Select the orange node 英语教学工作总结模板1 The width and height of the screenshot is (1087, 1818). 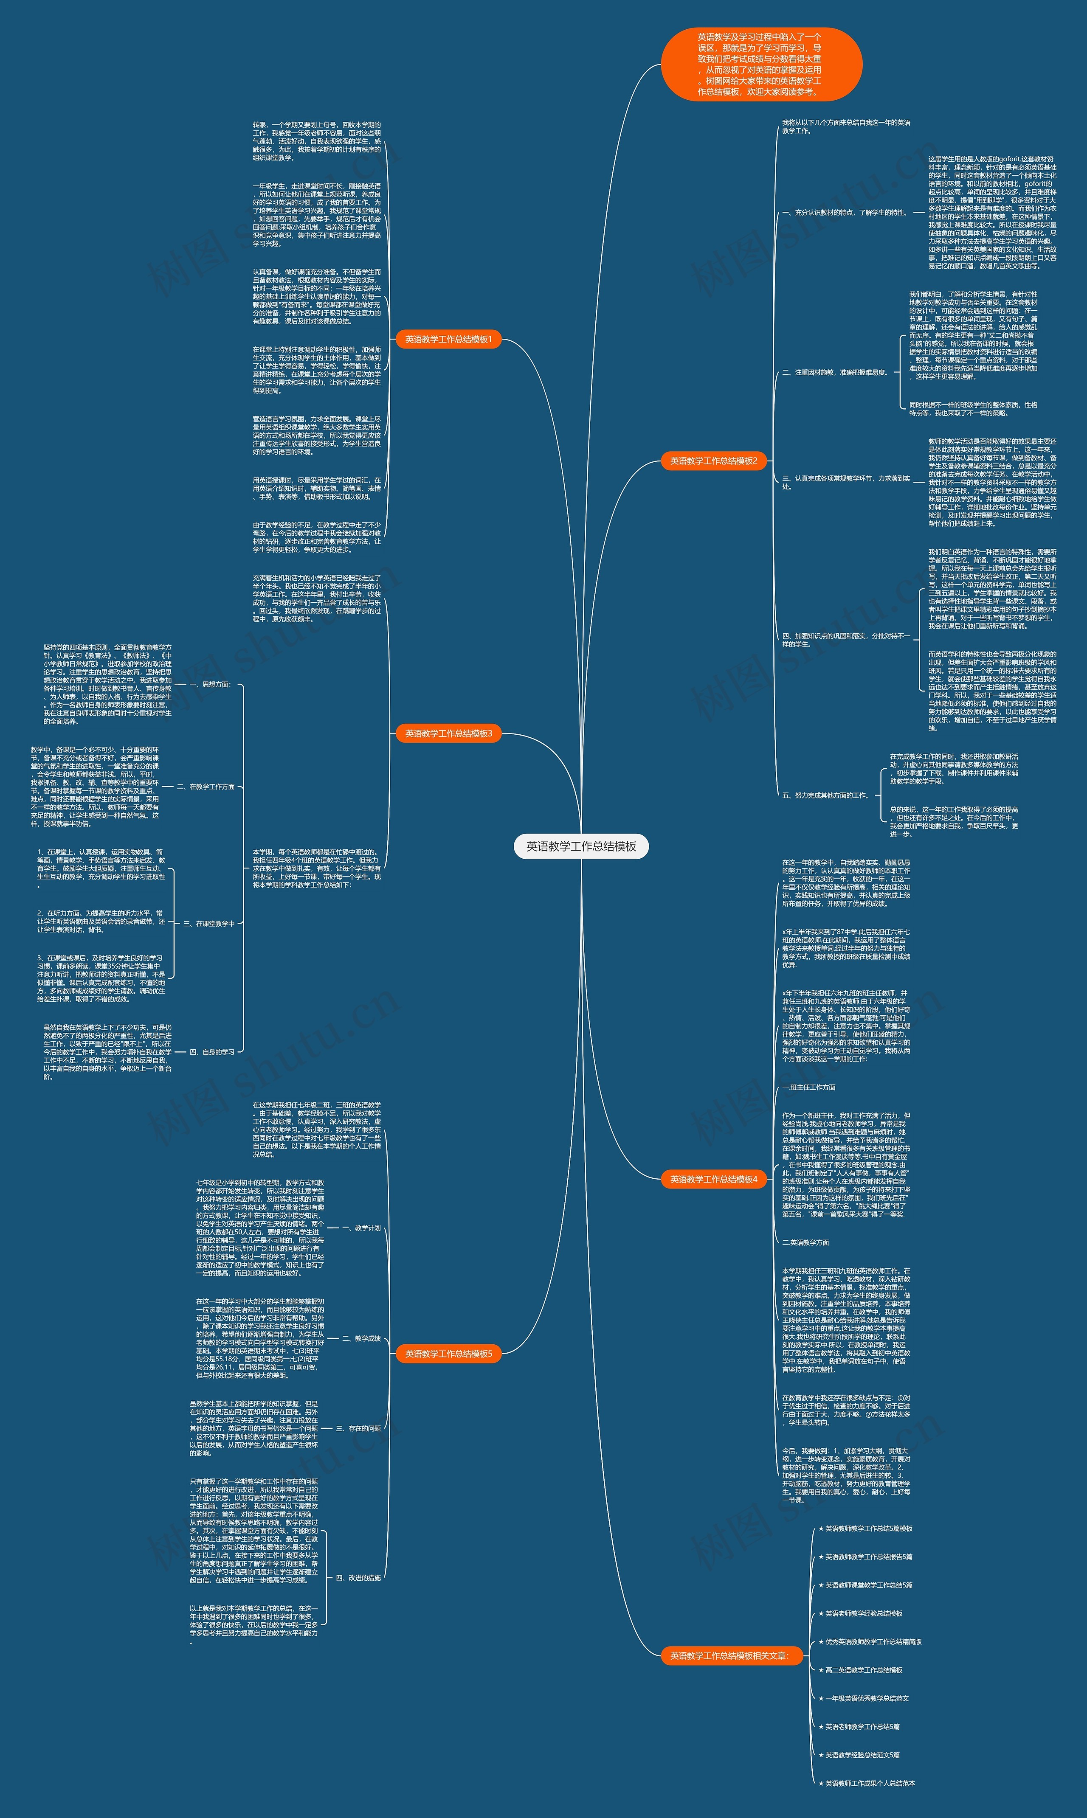click(x=448, y=339)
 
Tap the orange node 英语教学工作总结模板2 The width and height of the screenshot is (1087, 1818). click(x=713, y=461)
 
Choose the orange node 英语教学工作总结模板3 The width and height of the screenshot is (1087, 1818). click(x=448, y=733)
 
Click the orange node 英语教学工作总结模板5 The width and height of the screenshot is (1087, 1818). click(x=448, y=1354)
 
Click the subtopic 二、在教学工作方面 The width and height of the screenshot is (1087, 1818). click(x=206, y=787)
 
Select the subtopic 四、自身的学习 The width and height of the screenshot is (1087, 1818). click(x=212, y=1052)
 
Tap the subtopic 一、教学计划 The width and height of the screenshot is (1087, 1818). click(x=361, y=1228)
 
